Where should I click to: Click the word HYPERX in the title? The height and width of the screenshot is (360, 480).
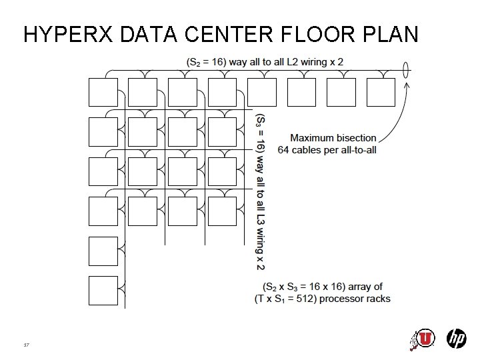(x=68, y=34)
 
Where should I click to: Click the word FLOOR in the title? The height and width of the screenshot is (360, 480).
(x=318, y=34)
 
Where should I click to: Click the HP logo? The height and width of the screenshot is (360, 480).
(x=456, y=339)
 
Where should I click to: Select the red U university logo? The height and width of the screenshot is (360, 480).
(x=424, y=339)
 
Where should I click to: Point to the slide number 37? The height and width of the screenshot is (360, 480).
(x=26, y=345)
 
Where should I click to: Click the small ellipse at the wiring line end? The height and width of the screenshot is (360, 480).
(x=405, y=70)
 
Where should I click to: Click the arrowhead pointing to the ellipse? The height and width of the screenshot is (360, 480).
(x=407, y=85)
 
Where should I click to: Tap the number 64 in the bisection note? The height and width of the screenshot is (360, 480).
(x=283, y=150)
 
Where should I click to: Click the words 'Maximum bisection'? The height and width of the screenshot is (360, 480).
(x=333, y=138)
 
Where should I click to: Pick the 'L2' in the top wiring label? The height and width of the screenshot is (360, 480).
(x=293, y=62)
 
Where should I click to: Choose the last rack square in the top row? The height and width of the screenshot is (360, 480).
(x=381, y=92)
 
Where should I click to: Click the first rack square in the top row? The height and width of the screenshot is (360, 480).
(x=103, y=92)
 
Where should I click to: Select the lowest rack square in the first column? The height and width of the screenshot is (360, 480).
(x=103, y=291)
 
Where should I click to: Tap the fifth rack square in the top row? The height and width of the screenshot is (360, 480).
(x=262, y=92)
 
